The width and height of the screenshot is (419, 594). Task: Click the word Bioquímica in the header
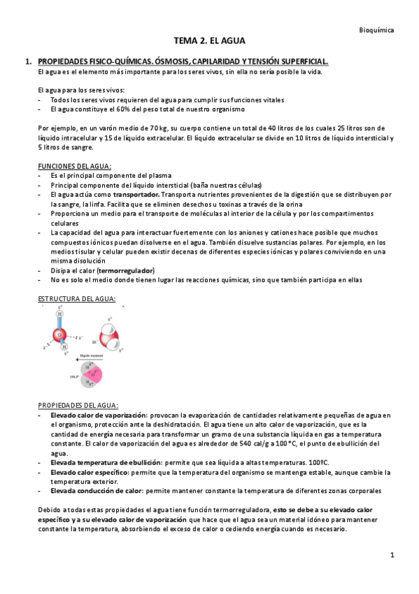tap(376, 30)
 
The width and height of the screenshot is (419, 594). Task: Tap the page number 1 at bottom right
tap(392, 555)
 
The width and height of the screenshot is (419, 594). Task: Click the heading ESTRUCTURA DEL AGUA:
tap(76, 300)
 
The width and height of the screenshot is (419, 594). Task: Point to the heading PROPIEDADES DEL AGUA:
tap(78, 406)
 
